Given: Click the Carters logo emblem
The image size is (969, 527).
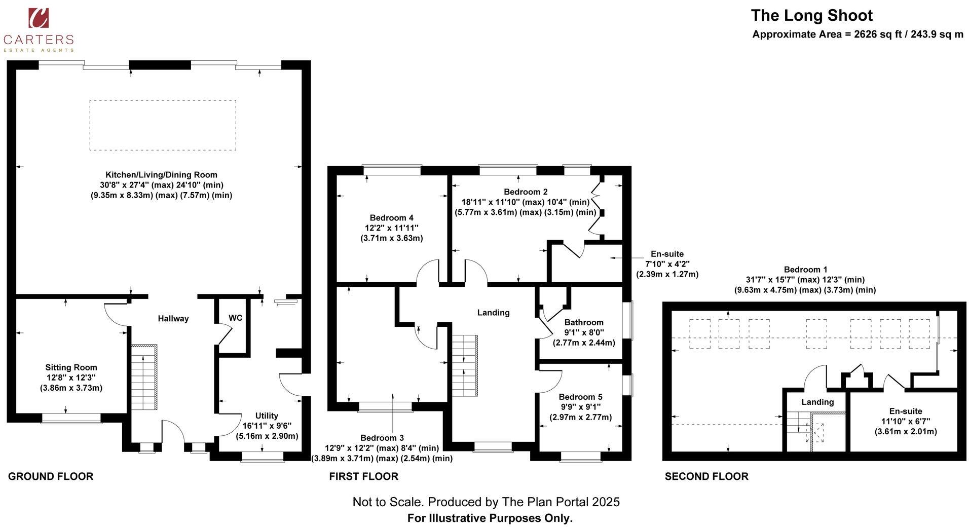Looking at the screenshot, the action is [x=39, y=18].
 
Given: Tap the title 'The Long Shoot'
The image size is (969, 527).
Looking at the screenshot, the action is [x=811, y=15].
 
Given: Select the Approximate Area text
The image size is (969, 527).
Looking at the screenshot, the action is [x=858, y=34].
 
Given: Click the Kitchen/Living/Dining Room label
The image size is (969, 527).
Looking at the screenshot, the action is [x=161, y=175].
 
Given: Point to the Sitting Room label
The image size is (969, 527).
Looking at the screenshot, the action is [x=71, y=367].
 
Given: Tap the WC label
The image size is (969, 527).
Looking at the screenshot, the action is [x=235, y=318].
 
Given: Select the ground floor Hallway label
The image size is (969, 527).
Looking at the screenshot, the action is [x=173, y=318].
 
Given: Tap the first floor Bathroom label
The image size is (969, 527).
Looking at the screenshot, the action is [x=584, y=322].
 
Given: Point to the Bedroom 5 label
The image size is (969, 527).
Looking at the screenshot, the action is [x=580, y=397].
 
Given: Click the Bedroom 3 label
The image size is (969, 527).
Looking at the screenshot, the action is [x=382, y=438].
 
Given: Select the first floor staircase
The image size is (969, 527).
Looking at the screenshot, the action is [x=465, y=366].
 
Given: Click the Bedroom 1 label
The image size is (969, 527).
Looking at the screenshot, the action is [x=806, y=270].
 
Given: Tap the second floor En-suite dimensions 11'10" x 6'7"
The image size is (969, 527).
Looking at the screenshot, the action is [x=906, y=422].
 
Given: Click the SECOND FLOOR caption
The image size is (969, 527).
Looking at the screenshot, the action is [x=706, y=476].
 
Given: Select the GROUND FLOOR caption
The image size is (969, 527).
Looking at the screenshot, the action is [x=51, y=476].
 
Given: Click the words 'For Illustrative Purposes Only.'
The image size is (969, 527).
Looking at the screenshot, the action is [x=490, y=518].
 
